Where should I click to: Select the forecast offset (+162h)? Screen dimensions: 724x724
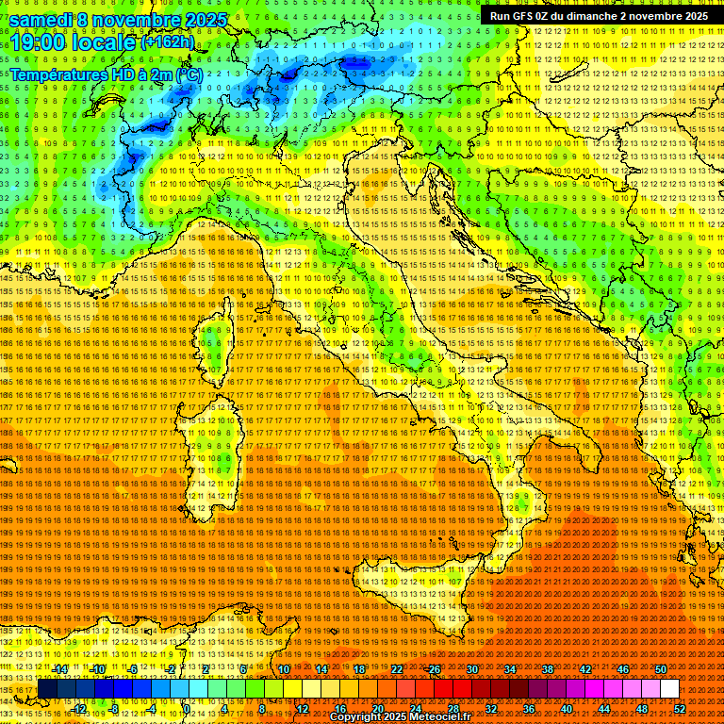pos(168,42)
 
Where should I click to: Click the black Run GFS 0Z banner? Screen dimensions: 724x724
pos(598,16)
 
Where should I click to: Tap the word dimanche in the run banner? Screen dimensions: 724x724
pos(613,16)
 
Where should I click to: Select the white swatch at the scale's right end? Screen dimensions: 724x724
pos(669,689)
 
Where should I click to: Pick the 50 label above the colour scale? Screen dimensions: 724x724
pos(660,669)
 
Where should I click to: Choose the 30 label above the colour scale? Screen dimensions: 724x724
pos(472,669)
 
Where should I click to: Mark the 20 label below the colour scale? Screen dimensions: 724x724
pos(377,709)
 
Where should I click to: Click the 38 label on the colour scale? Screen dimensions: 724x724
pos(548,669)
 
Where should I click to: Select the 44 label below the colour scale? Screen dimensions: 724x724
pos(604,709)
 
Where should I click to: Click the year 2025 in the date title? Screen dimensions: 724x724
pos(205,20)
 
